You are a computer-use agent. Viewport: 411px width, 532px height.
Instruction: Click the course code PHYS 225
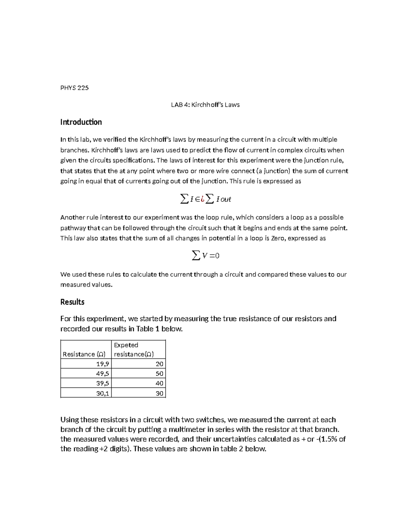[74, 88]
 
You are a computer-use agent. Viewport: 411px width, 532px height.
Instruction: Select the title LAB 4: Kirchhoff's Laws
[205, 105]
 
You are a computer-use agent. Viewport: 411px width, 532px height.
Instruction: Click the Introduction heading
[81, 122]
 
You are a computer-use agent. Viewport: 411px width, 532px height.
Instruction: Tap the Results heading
[72, 302]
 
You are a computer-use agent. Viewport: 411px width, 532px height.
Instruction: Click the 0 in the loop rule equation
[217, 256]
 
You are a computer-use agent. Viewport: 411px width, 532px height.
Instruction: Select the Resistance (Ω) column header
[84, 354]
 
